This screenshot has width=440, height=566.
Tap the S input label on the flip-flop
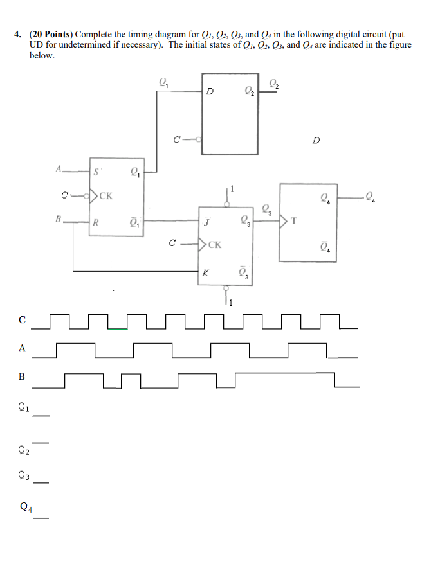(x=96, y=172)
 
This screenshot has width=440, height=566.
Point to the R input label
(x=96, y=224)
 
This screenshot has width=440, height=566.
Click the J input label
(x=206, y=224)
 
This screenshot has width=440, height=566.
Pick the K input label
(x=205, y=272)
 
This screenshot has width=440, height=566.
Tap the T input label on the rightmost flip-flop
(x=294, y=222)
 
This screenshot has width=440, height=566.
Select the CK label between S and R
(x=105, y=195)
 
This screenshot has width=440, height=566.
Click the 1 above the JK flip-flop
(x=232, y=189)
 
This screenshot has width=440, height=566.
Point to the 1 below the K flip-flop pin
(x=229, y=303)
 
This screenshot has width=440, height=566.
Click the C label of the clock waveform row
(x=23, y=319)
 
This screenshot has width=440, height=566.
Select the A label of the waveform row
(x=22, y=349)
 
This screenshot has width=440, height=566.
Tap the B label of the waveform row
(x=22, y=377)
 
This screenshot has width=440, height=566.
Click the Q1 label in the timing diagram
(x=24, y=406)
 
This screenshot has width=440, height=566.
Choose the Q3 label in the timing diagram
(x=24, y=476)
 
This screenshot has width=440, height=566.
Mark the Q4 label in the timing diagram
(x=25, y=506)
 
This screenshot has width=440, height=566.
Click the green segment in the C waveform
(x=117, y=329)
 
